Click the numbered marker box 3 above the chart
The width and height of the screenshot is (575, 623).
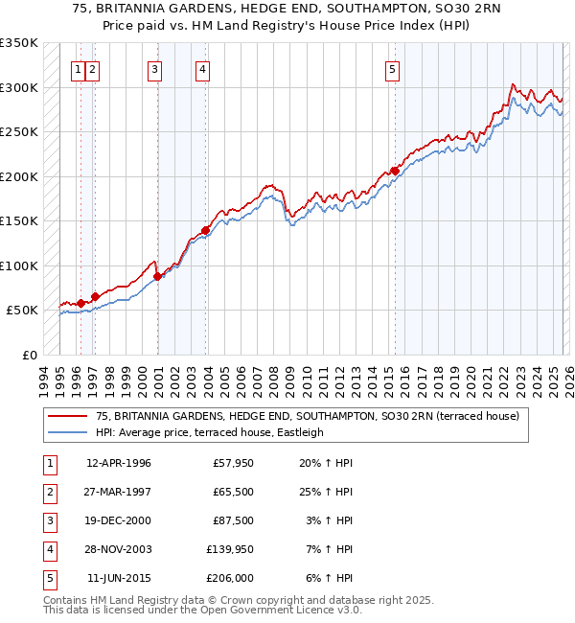[x=155, y=68]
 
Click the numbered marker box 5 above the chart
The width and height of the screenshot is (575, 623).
[x=393, y=68]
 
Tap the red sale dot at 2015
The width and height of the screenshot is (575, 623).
[x=394, y=171]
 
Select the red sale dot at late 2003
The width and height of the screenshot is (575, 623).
[x=205, y=230]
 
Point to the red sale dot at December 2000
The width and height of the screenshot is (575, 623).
[x=157, y=277]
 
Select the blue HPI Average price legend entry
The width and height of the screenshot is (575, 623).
[x=209, y=432]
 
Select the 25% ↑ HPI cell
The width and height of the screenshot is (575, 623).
[x=326, y=492]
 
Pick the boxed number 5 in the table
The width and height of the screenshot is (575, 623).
[x=48, y=578]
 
